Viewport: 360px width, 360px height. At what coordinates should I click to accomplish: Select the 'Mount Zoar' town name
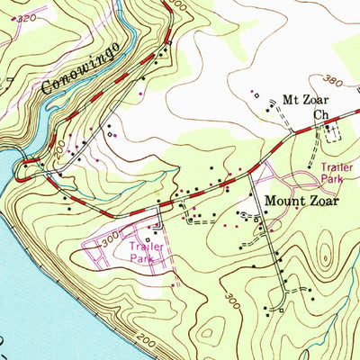point(300,202)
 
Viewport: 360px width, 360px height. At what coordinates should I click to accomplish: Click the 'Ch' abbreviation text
point(320,115)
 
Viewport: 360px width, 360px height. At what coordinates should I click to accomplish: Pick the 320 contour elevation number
point(28,18)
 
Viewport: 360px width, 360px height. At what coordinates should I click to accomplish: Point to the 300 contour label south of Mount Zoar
point(232,300)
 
